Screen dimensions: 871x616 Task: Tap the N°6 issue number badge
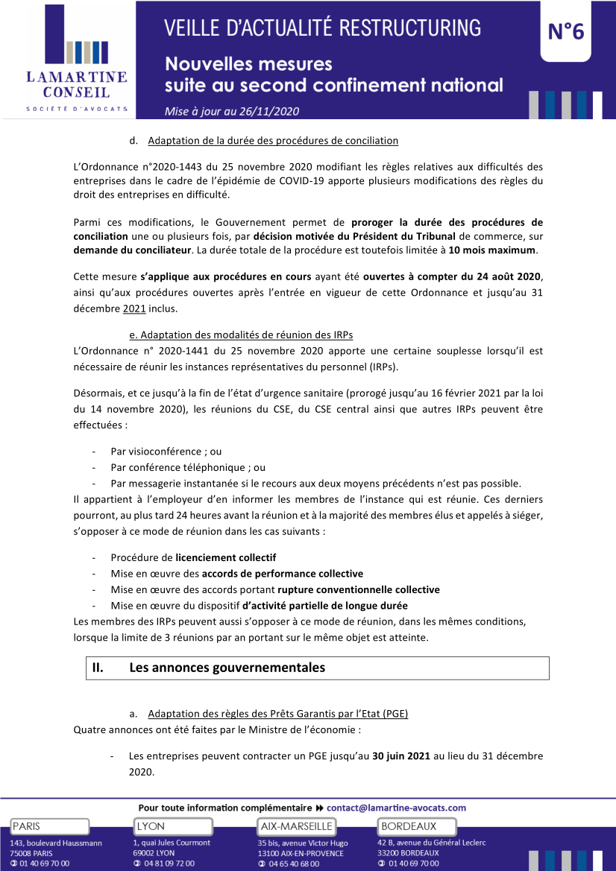tap(566, 31)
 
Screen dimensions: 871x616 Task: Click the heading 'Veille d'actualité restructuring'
tap(322, 28)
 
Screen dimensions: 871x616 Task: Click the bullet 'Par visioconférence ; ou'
tap(166, 452)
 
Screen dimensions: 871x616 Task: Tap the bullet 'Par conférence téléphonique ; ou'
tap(188, 467)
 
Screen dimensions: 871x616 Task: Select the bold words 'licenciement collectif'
tap(226, 557)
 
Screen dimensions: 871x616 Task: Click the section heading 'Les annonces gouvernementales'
tap(227, 668)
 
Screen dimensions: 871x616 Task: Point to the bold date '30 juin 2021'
tap(401, 756)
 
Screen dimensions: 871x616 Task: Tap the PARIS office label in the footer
tap(27, 826)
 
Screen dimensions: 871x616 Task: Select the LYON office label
tap(151, 826)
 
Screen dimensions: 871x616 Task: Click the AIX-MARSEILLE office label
tap(296, 826)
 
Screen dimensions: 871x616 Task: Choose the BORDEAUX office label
tap(408, 826)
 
